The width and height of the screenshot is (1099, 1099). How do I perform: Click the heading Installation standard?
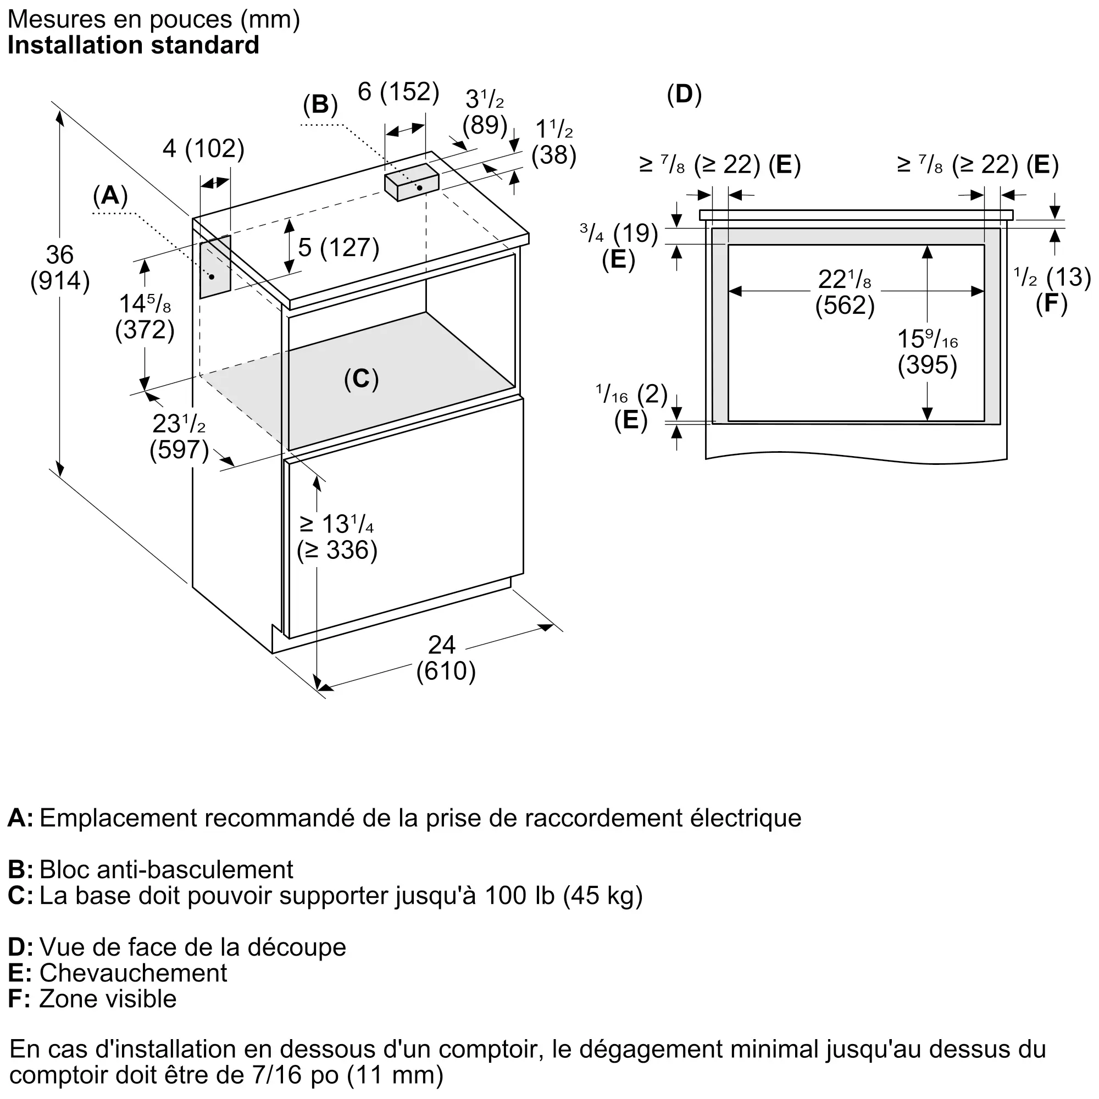click(x=134, y=46)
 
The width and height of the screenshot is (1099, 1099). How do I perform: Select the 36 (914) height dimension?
click(x=60, y=269)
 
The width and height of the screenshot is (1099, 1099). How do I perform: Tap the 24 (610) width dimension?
click(x=446, y=659)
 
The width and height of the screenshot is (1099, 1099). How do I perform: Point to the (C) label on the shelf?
click(x=361, y=379)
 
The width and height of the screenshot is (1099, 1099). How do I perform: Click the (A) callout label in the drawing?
click(x=110, y=196)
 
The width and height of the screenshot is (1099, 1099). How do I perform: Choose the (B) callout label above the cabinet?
click(x=320, y=104)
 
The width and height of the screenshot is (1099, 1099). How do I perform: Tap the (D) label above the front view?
click(x=684, y=95)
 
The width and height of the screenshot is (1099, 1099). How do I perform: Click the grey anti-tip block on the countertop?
click(x=412, y=181)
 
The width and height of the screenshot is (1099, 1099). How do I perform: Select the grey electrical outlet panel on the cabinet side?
click(x=215, y=267)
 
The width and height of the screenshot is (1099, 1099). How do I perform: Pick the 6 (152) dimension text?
click(x=399, y=92)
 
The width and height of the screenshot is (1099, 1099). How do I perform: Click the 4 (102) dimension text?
click(x=204, y=149)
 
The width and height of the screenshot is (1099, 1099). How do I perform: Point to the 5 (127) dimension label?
click(x=338, y=248)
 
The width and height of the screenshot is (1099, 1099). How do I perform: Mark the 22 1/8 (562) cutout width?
click(x=845, y=292)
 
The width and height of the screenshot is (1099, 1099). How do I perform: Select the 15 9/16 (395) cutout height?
click(x=927, y=352)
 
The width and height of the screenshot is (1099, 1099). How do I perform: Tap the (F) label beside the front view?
click(x=1051, y=304)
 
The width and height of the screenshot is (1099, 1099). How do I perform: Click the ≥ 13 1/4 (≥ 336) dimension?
click(x=337, y=537)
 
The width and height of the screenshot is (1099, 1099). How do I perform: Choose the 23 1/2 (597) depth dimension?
click(x=179, y=437)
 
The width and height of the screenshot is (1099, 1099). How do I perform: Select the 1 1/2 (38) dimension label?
click(x=554, y=142)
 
